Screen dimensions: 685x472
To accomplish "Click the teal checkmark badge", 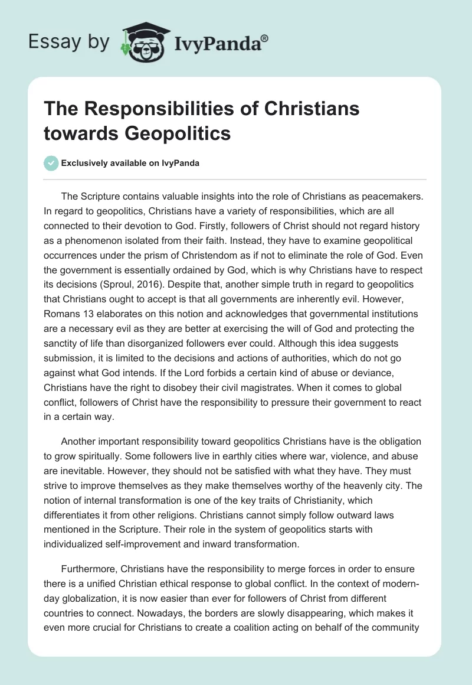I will click(51, 163).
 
